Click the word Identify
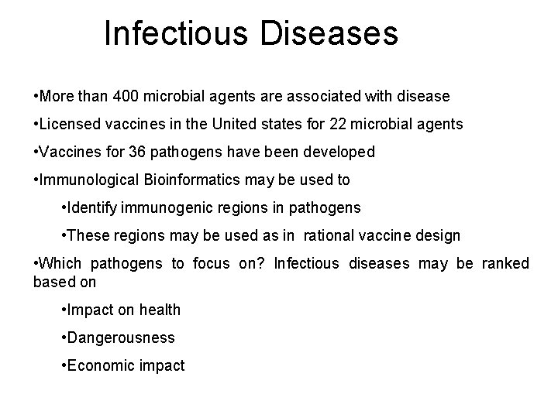coord(92,208)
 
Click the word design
coord(440,236)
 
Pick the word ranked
coord(505,264)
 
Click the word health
coord(161,310)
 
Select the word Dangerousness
coord(121,338)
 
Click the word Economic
coord(100,366)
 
